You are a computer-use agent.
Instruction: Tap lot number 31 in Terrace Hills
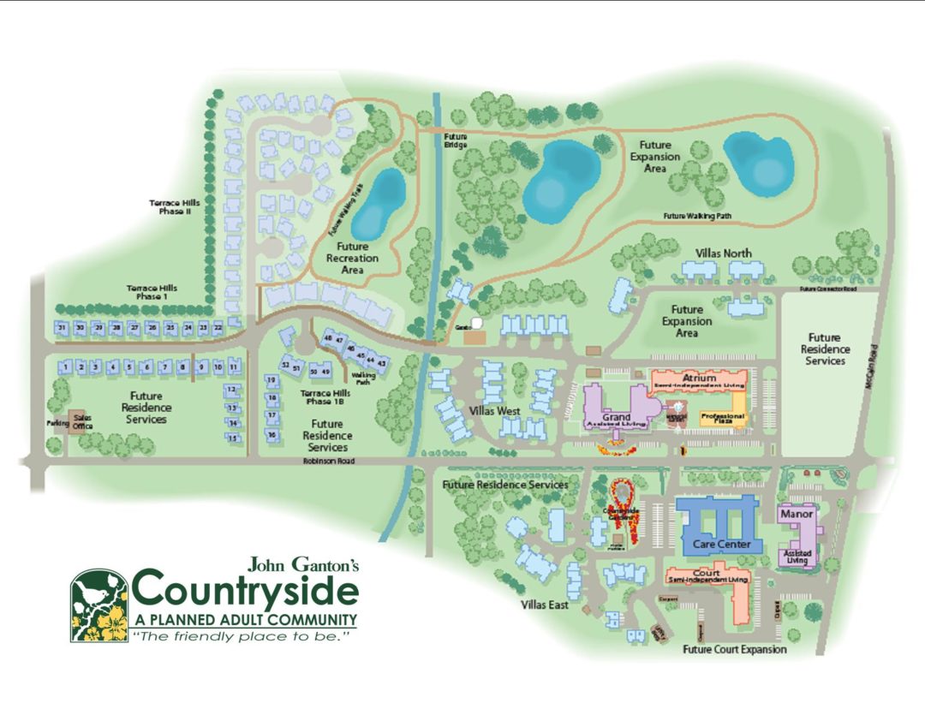62,327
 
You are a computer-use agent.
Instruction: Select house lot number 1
64,366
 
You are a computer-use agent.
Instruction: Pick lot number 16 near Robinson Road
272,435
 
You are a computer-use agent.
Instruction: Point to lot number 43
382,363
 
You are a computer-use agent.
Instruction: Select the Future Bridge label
456,140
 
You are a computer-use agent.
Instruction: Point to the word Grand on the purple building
617,417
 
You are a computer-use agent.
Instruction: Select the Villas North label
725,253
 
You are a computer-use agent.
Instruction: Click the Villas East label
545,605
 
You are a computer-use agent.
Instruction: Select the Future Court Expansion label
734,650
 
